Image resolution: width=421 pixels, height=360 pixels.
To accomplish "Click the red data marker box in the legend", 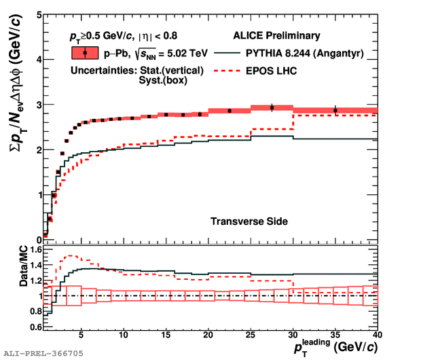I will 84,53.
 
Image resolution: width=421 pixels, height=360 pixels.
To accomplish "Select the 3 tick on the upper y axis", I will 37,105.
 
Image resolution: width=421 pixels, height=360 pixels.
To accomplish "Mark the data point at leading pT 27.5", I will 272,107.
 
